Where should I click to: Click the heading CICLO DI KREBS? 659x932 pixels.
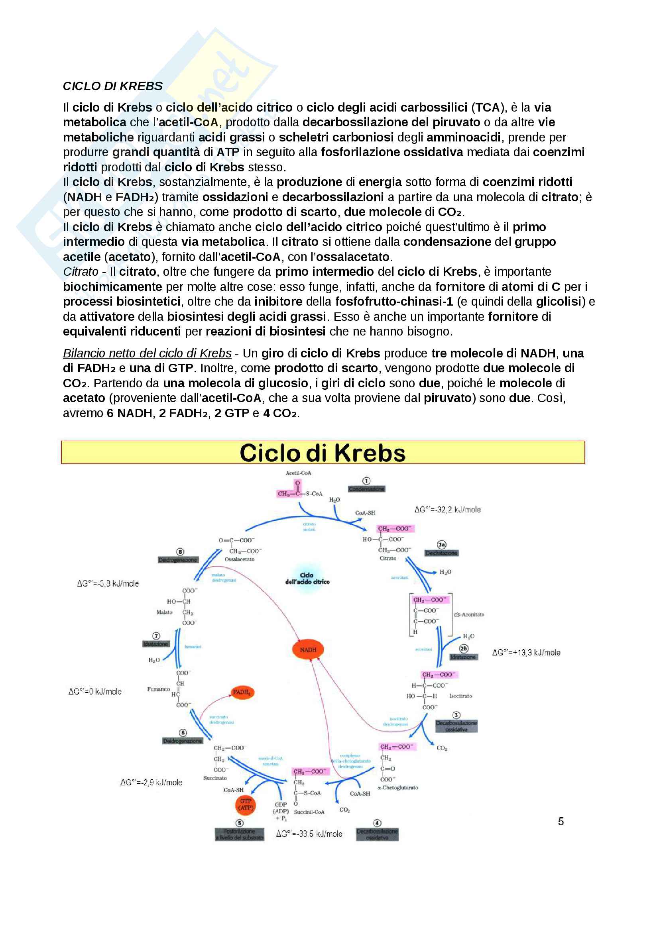tap(112, 86)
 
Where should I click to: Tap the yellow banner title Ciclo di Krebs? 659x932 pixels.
tap(323, 453)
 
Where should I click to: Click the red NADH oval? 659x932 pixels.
tap(308, 650)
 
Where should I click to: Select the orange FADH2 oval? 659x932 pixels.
tap(242, 692)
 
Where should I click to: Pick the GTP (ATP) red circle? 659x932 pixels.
tap(246, 804)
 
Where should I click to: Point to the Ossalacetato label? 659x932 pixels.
tap(240, 559)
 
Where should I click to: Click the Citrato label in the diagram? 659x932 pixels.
tap(388, 558)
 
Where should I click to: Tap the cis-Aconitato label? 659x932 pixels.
tap(469, 614)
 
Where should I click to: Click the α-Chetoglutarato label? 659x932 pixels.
tap(397, 787)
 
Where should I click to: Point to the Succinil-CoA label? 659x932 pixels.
tap(309, 812)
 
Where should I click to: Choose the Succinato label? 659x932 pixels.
tap(215, 778)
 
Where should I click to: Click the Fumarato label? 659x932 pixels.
tap(158, 689)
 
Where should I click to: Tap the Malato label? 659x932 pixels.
tap(164, 612)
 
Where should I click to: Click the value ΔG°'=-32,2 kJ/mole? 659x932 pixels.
tap(447, 510)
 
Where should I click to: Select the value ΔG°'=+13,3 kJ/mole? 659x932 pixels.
tap(526, 652)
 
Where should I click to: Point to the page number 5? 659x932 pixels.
tap(561, 821)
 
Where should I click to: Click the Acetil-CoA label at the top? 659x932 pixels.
tap(298, 473)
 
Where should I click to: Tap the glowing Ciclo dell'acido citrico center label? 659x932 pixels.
tap(307, 579)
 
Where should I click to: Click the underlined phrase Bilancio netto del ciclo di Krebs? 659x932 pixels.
tap(147, 353)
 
